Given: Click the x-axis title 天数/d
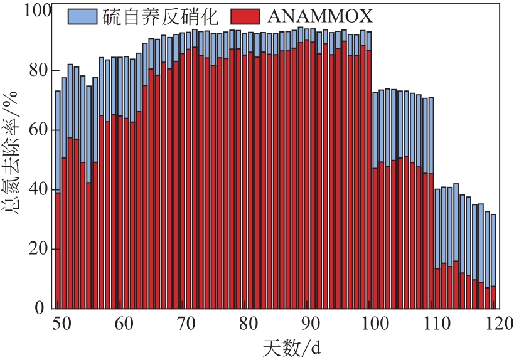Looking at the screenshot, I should click(x=286, y=346).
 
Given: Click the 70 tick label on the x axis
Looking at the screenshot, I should click(x=186, y=324).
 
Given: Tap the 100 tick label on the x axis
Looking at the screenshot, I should click(x=375, y=324).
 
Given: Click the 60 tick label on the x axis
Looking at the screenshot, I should click(x=123, y=324).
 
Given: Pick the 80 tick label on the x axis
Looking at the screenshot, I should click(x=249, y=324).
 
